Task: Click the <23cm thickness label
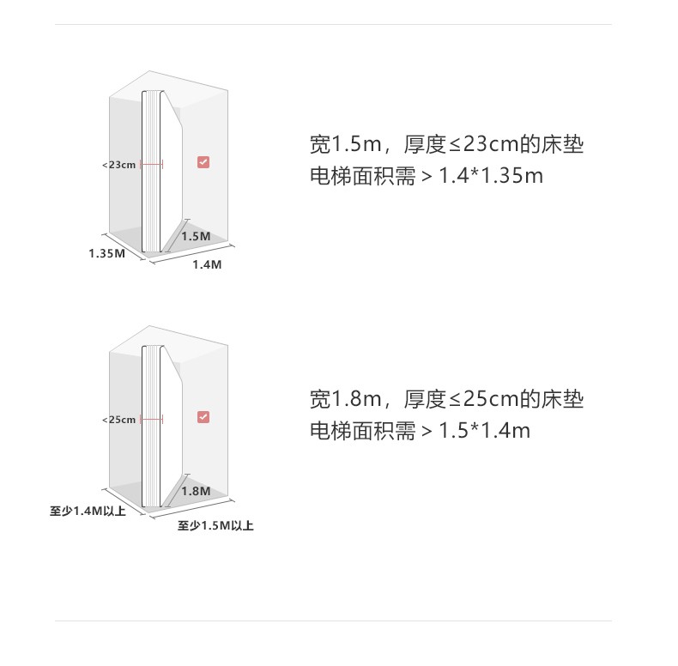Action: coord(118,164)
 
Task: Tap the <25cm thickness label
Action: coord(118,420)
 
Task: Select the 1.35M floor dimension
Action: coord(106,253)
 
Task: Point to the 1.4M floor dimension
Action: coord(206,264)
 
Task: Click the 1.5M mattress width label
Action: coord(196,236)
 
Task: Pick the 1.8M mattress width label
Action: coord(196,491)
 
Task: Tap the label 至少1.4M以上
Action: coord(88,512)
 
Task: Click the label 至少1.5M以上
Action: coord(215,525)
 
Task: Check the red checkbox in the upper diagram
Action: coord(203,161)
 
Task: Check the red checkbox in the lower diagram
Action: coord(203,417)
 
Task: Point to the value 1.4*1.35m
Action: coord(491,176)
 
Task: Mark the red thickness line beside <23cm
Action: coord(151,164)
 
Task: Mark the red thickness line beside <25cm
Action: coord(151,420)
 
